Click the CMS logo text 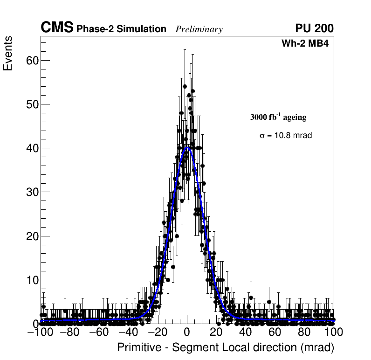click(57, 28)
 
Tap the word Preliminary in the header click(199, 29)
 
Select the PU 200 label click(314, 28)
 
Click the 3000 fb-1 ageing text click(278, 117)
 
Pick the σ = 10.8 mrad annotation click(286, 136)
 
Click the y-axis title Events click(8, 54)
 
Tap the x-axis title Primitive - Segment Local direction click(226, 348)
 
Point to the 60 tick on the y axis click(31, 60)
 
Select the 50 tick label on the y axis click(31, 104)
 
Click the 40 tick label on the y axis click(31, 148)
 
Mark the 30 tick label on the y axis click(31, 192)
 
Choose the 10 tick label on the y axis click(31, 280)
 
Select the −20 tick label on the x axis click(157, 332)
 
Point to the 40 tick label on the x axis click(245, 332)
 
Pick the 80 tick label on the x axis click(304, 332)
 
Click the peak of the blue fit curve click(187, 148)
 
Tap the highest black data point click(185, 86)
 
